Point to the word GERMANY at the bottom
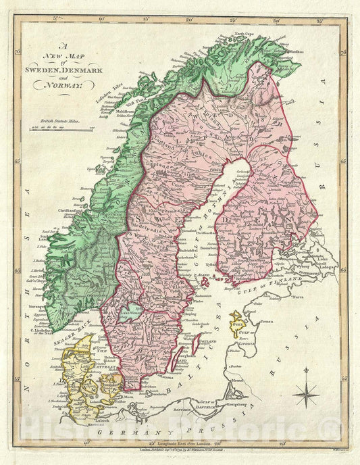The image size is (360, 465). coord(118,431)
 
